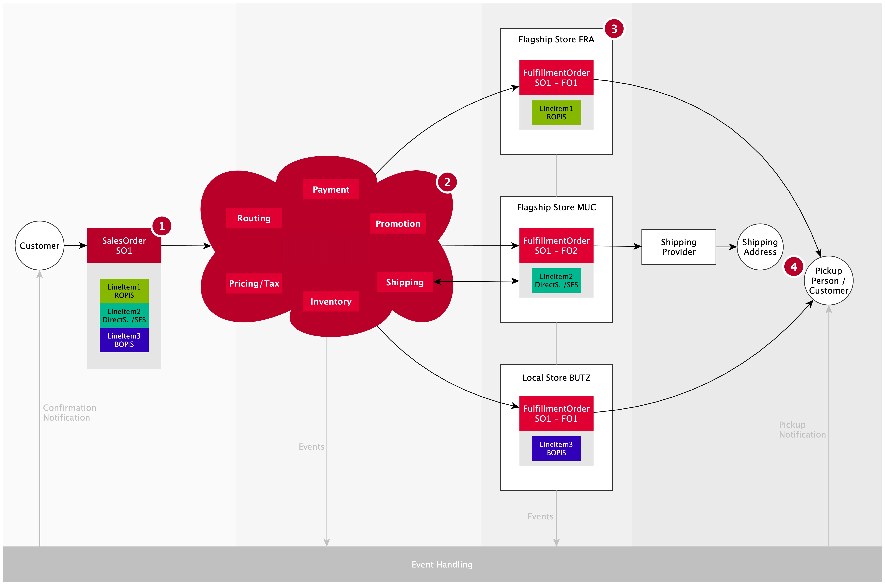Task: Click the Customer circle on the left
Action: pos(40,245)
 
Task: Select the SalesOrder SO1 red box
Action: pos(124,245)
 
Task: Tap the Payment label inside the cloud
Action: pos(331,189)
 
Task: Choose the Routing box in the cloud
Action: pos(254,218)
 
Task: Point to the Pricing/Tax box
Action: pos(254,284)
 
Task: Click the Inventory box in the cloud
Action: pos(331,301)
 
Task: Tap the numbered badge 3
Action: pos(614,29)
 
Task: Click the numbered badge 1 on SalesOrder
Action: pos(162,226)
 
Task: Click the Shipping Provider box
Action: pos(679,247)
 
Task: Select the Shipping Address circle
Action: pos(760,247)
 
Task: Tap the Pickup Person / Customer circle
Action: pos(829,281)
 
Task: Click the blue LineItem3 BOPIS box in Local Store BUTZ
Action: pos(556,448)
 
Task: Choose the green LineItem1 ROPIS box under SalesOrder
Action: pos(124,291)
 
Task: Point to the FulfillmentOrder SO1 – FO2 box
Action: pos(556,245)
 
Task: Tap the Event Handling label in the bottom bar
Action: pos(442,565)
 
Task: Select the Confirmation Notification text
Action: pos(70,413)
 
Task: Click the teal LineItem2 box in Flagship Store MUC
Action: pos(556,281)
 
